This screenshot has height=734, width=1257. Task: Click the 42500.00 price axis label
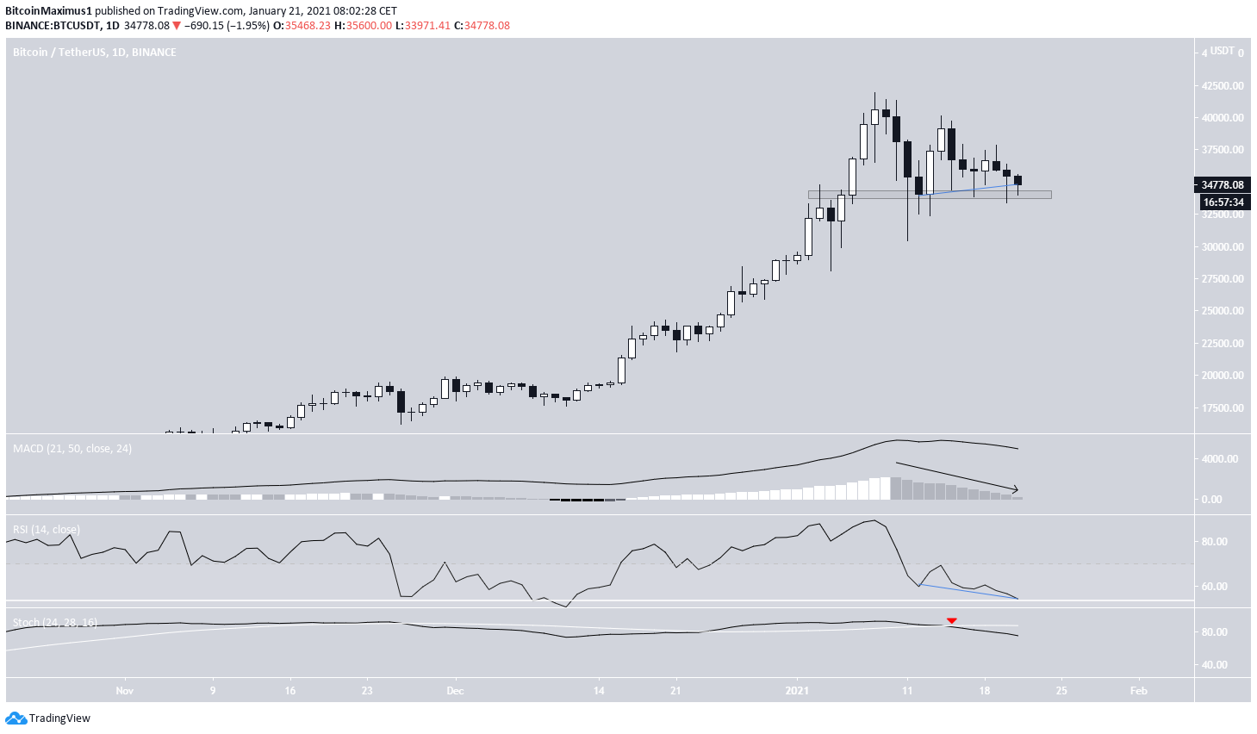coord(1223,85)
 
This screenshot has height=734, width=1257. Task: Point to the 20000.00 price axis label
coord(1223,376)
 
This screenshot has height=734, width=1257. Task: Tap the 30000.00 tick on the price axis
coord(1223,246)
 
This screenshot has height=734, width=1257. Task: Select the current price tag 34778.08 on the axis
coord(1223,184)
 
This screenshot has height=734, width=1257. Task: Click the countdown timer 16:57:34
coord(1223,202)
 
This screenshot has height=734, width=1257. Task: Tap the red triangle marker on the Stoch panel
coord(951,620)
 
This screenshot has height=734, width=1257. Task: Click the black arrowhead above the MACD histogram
coord(1015,488)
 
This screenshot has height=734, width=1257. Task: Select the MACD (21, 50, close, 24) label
coord(72,449)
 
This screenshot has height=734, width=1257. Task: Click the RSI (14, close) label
coord(47,529)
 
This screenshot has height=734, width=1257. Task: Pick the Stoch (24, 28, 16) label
coord(55,622)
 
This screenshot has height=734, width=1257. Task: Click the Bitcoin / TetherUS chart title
coord(94,53)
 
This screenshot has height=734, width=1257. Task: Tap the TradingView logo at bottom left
coord(48,718)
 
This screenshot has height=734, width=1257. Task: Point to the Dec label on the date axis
coord(455,690)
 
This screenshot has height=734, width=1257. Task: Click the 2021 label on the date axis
coord(797,690)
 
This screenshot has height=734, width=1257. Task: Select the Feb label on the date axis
coord(1138,690)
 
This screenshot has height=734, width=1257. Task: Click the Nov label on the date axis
coord(124,690)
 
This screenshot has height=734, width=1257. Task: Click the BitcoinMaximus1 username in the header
coord(48,11)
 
